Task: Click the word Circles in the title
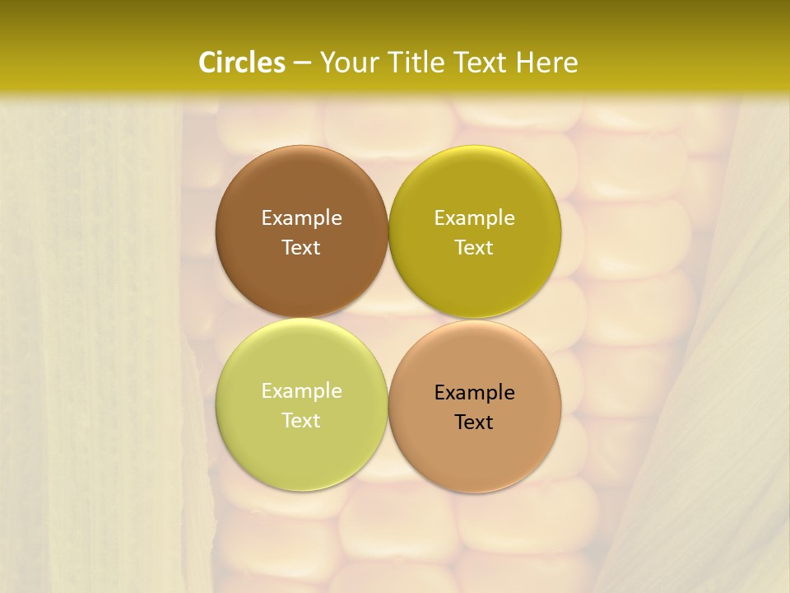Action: (241, 63)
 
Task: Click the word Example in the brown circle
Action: (301, 218)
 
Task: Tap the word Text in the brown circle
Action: (301, 248)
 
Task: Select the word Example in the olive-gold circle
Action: (474, 218)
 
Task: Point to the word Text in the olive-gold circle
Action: (474, 248)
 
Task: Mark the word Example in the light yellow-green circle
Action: (301, 391)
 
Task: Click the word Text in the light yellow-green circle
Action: (301, 421)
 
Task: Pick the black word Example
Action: (474, 393)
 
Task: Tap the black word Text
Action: (474, 423)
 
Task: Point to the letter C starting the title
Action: (208, 63)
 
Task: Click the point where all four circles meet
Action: (388, 319)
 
